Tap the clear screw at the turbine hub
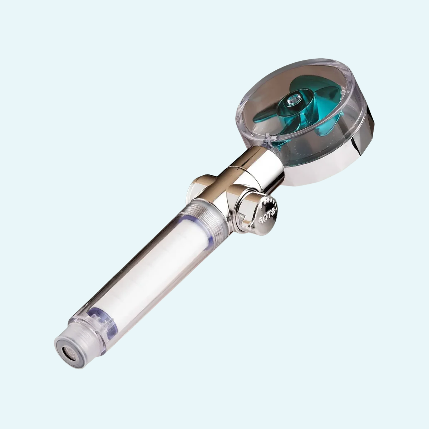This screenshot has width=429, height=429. (295, 97)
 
